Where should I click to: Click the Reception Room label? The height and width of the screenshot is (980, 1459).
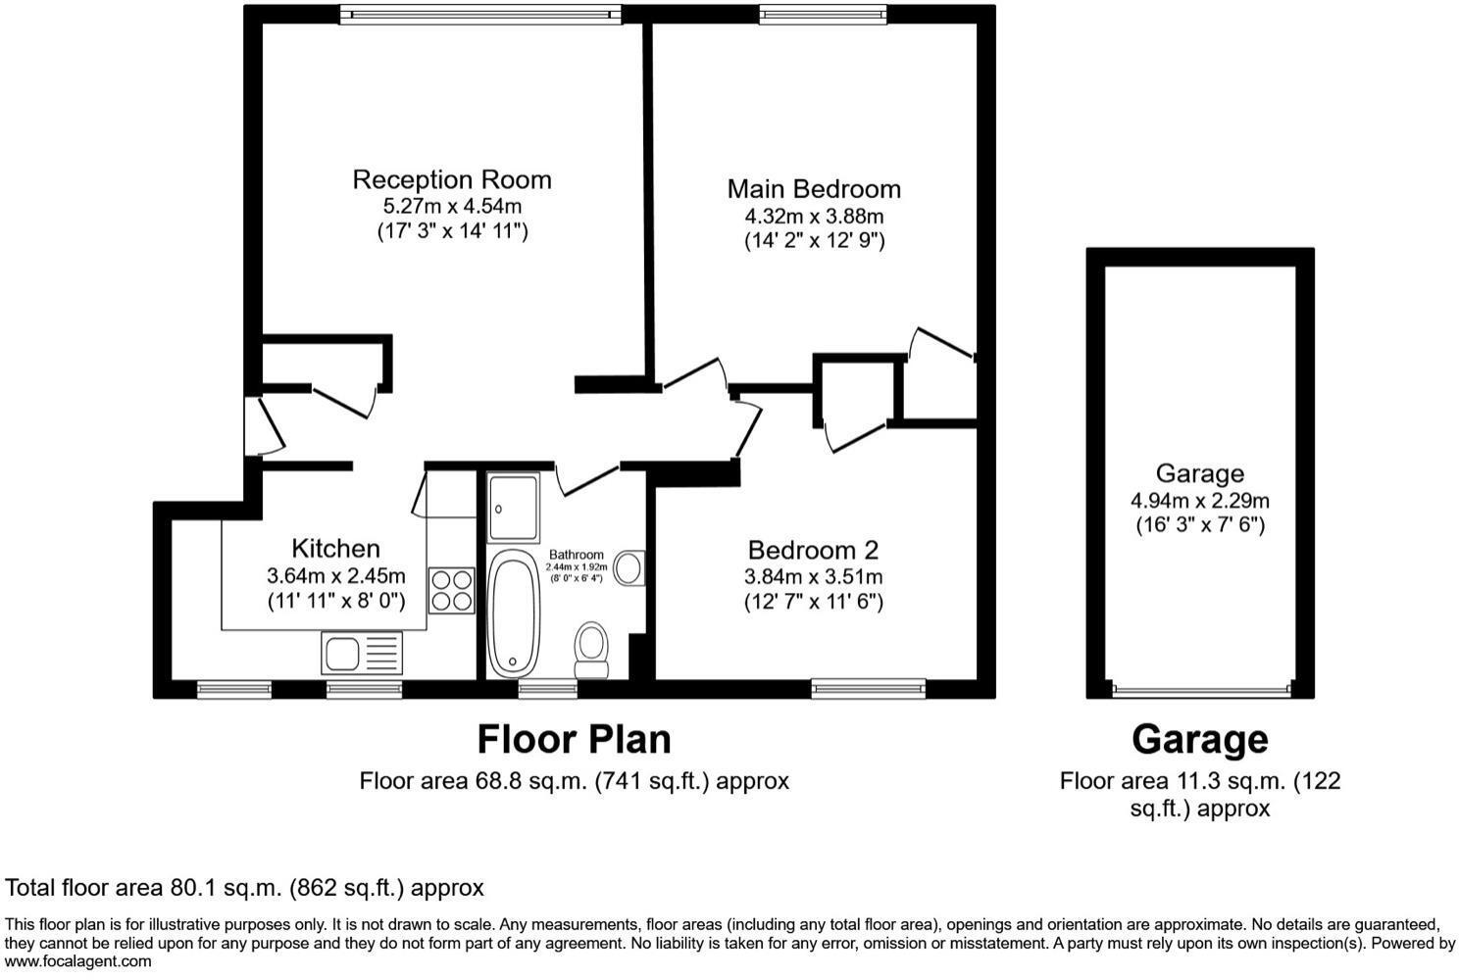(452, 179)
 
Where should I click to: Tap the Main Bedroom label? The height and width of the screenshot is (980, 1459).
(813, 188)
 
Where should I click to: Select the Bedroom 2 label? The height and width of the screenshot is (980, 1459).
(813, 550)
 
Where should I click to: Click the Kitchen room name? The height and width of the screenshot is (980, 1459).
(335, 549)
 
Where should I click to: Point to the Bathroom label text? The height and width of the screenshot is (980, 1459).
(576, 555)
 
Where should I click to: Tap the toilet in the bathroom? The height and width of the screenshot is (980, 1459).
(591, 650)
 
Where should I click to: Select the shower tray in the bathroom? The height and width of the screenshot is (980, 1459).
(513, 508)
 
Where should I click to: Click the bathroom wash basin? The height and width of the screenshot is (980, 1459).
(629, 567)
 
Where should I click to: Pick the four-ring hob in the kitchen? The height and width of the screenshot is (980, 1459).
(451, 590)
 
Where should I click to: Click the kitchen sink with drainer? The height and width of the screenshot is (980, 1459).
(361, 652)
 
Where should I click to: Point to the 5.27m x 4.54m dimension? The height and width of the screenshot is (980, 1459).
(452, 206)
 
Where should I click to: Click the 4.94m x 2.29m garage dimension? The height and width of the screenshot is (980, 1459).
(1199, 500)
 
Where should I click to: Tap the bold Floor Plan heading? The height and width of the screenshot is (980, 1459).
(574, 739)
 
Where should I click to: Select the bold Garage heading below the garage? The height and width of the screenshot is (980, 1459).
(1199, 739)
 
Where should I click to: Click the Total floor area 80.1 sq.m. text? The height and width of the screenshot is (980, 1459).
(245, 888)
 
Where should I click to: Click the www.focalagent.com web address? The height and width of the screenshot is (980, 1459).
(78, 961)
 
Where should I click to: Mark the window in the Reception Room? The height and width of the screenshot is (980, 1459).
(480, 14)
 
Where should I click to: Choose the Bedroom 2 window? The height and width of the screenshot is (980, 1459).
(868, 689)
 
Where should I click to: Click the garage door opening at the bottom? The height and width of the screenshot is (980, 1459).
(1199, 689)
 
